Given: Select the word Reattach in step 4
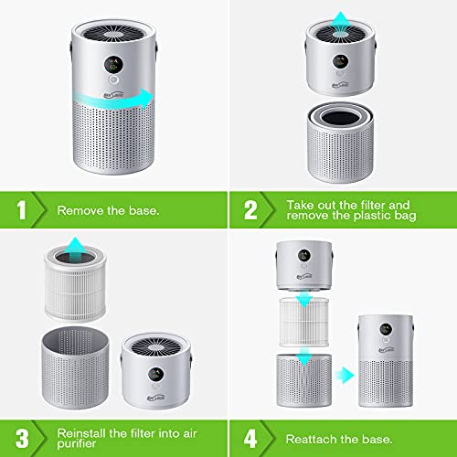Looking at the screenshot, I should click(316, 434).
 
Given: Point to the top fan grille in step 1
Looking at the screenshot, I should click(105, 27).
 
